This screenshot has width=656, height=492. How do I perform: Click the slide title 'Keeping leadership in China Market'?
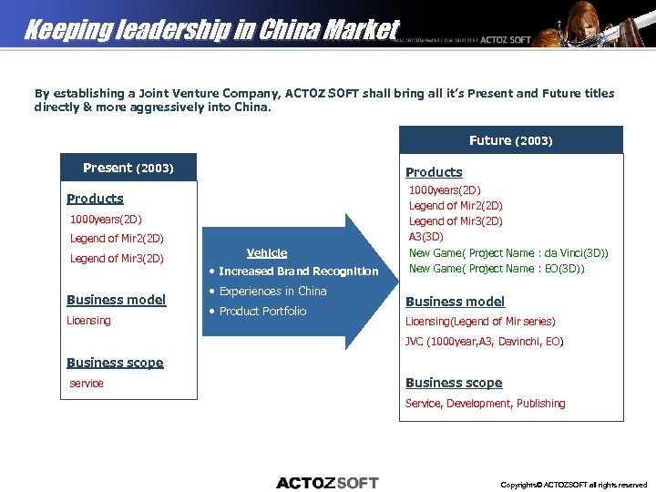[x=211, y=30]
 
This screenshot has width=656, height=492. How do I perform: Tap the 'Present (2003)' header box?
[x=128, y=168]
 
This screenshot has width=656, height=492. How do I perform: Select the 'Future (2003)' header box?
[x=510, y=140]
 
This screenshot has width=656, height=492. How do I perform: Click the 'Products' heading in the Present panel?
[x=95, y=199]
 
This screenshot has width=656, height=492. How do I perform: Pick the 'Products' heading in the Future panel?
[x=434, y=172]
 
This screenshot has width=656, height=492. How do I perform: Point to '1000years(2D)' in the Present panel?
[x=107, y=220]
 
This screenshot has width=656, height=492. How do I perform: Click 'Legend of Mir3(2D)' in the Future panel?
[x=456, y=221]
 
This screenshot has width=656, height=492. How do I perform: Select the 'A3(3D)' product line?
[x=425, y=237]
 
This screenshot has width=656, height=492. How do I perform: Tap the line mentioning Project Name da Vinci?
[x=508, y=253]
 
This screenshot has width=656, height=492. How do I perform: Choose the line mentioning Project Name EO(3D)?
[x=497, y=269]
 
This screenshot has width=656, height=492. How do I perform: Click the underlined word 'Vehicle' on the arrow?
[x=267, y=253]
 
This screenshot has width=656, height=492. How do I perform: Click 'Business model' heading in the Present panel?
[x=117, y=300]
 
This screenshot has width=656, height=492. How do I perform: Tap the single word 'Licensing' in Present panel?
[x=88, y=321]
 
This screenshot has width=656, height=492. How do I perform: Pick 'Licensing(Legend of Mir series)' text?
[x=480, y=322]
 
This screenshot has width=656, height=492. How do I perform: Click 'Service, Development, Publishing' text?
[x=485, y=404]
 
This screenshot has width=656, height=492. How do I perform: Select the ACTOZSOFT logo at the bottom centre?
[x=327, y=482]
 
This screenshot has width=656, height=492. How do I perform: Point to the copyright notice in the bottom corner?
[x=574, y=485]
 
